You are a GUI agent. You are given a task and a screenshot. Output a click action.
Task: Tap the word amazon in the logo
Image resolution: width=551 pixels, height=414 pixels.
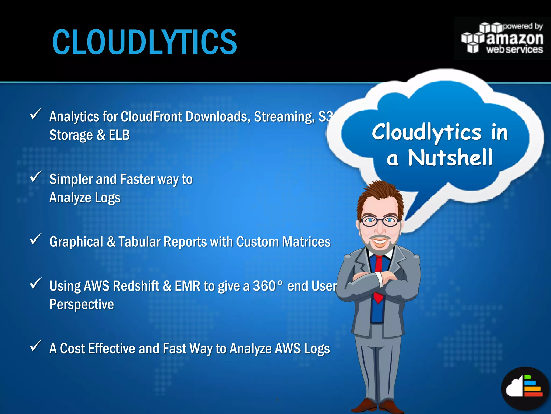pos(515,39)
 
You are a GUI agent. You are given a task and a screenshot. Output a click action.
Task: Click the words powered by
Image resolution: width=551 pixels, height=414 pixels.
pos(522,26)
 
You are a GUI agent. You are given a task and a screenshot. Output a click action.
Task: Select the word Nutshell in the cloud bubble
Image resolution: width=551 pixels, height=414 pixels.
pos(450,158)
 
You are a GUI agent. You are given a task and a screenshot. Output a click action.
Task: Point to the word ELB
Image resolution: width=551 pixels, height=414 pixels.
pos(119,135)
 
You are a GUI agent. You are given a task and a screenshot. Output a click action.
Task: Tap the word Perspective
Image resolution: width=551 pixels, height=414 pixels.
pos(82,305)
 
